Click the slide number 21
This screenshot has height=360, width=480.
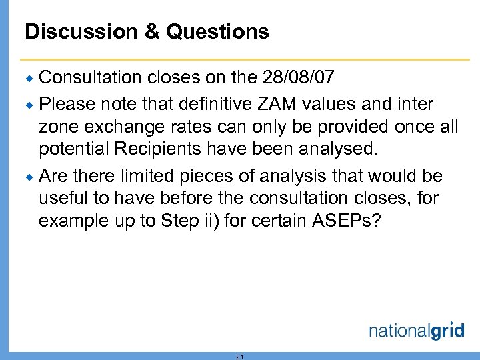pos(240,357)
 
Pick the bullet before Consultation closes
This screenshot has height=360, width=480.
pos(31,79)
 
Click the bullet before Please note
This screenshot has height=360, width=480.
pos(31,105)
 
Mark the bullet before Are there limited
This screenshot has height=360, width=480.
pos(31,177)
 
